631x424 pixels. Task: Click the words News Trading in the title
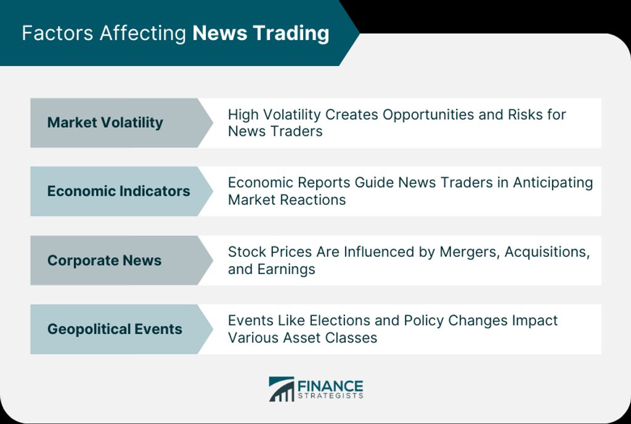(x=261, y=34)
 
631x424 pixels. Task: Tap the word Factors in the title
(x=57, y=33)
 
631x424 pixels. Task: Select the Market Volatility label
(x=105, y=123)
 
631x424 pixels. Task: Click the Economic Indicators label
(x=119, y=191)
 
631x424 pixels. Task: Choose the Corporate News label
(x=104, y=260)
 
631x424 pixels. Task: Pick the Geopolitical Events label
(x=115, y=330)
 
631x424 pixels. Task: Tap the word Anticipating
(x=553, y=183)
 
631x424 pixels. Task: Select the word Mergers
(x=470, y=252)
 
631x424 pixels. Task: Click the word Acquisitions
(x=547, y=252)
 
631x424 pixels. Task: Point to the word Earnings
(x=286, y=270)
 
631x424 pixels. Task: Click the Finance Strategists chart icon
(x=282, y=389)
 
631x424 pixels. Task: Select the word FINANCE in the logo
(x=330, y=386)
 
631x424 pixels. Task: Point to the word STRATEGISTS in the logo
(x=330, y=396)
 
